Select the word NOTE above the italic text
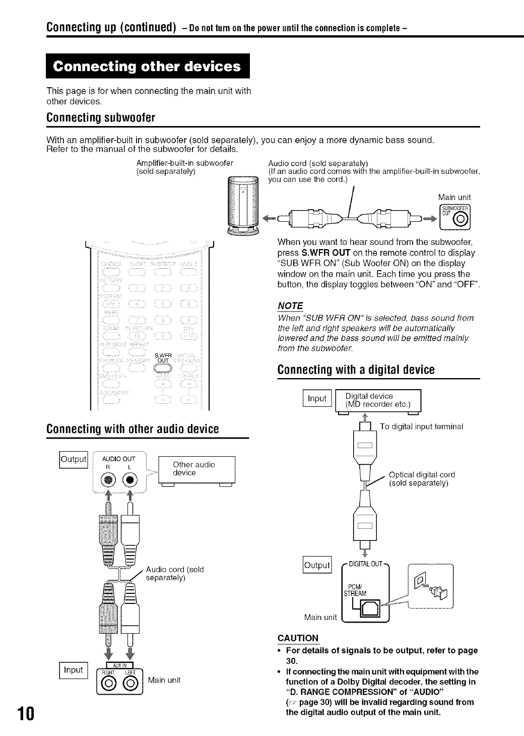(291, 306)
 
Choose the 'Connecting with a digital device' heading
(356, 370)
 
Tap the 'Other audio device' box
(196, 468)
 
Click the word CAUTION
(298, 638)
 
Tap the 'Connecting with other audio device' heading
(133, 429)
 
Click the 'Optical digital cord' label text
(422, 474)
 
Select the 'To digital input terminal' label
(421, 426)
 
